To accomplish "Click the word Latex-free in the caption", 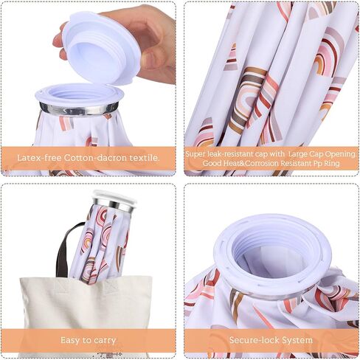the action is pyautogui.click(x=39, y=158).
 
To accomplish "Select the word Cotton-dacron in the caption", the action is pyautogui.click(x=95, y=158).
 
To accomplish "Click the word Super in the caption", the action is pyautogui.click(x=195, y=154).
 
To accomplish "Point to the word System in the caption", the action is pyautogui.click(x=297, y=340).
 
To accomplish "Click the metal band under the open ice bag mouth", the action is pyautogui.click(x=79, y=108).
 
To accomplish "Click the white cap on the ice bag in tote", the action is pyautogui.click(x=114, y=196).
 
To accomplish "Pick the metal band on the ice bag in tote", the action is pyautogui.click(x=113, y=204).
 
